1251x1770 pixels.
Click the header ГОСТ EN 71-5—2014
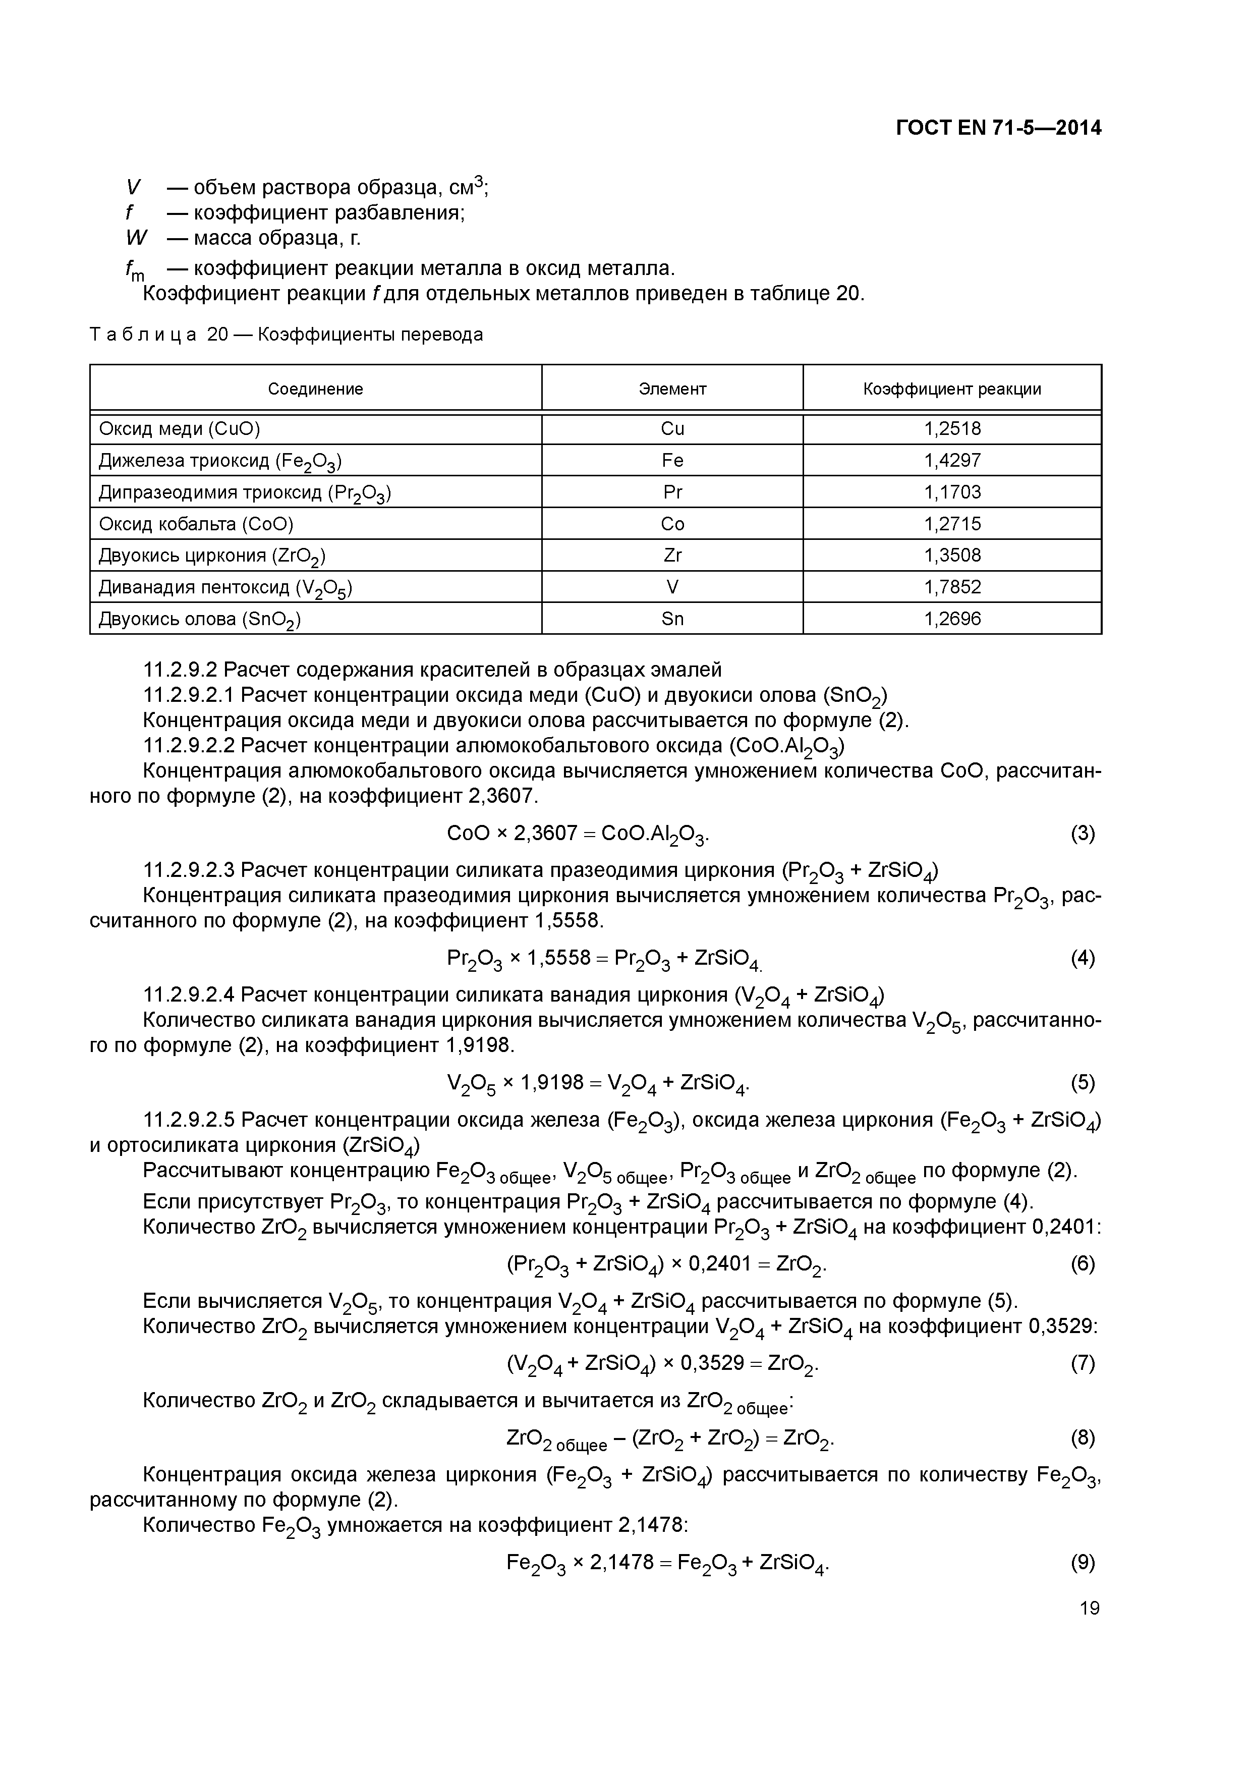[998, 128]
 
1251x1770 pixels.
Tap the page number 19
[1089, 1608]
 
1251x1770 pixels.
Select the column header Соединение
[315, 389]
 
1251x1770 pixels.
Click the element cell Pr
[672, 492]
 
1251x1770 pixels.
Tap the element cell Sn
[672, 619]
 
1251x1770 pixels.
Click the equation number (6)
[1082, 1263]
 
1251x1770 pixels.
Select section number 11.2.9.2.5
[188, 1119]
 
